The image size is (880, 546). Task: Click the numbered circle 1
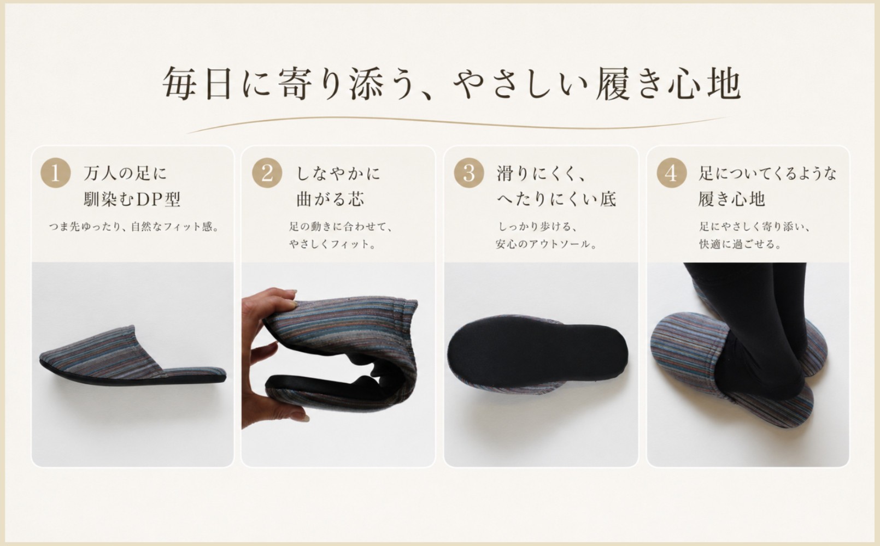point(55,173)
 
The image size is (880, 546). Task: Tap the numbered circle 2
point(267,173)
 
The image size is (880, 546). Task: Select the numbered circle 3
point(469,173)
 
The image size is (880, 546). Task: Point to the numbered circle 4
point(672,173)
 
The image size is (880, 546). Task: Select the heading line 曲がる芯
point(330,199)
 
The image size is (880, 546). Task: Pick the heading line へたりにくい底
point(556,199)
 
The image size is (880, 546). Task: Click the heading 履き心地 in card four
point(732,199)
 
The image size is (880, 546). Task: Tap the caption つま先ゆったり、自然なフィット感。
point(134,227)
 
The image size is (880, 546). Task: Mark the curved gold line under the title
point(457,122)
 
